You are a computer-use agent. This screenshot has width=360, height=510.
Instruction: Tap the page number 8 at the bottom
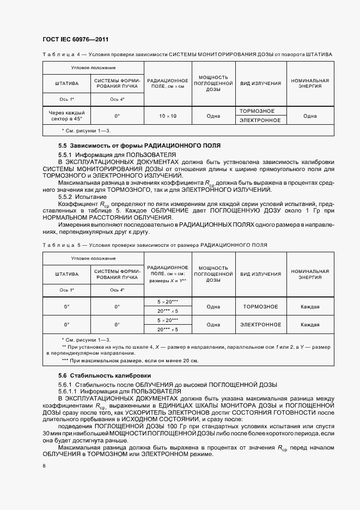click(x=44, y=466)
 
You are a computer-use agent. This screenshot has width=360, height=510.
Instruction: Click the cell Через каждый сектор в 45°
click(x=66, y=116)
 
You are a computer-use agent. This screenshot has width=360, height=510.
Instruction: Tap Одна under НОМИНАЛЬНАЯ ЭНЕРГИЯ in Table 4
click(x=310, y=116)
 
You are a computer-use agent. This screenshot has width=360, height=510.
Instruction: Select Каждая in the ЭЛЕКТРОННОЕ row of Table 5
click(x=310, y=325)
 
